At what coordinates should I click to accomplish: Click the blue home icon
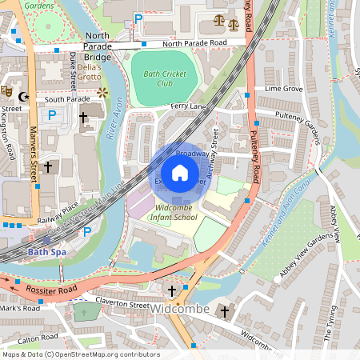pos(180,173)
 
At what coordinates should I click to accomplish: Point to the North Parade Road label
pos(194,43)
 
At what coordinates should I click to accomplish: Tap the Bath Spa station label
pos(44,251)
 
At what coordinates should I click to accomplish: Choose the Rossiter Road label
pos(51,287)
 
